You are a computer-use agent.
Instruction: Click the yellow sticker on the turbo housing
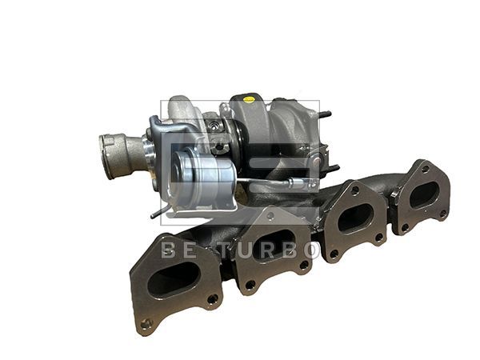point(249,100)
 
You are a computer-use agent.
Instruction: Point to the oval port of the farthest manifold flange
point(424,194)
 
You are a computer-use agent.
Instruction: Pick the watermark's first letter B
point(169,250)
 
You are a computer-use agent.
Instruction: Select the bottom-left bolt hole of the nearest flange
point(146,325)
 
